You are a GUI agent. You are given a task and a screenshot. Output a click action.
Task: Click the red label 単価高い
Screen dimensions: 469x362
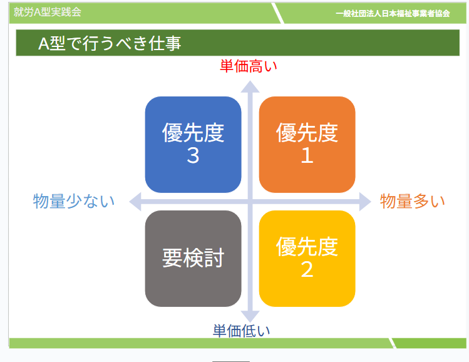[x=248, y=66]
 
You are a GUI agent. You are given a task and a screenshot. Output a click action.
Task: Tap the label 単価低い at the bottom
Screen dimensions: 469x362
[x=241, y=331]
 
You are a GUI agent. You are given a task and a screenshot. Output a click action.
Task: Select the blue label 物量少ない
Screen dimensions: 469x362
[x=74, y=201]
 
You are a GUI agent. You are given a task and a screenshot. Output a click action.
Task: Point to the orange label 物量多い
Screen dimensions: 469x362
[x=413, y=201]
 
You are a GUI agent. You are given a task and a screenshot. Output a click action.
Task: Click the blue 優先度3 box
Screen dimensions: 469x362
[x=193, y=145]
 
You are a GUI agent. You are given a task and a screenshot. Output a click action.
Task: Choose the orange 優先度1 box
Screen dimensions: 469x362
[x=307, y=145]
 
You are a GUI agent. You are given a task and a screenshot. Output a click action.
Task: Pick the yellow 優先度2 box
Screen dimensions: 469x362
[x=307, y=259]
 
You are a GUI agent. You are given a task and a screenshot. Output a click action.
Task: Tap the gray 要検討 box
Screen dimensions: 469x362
[x=193, y=259]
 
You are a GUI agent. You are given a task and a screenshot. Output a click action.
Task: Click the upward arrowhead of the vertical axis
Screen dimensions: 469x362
[x=250, y=86]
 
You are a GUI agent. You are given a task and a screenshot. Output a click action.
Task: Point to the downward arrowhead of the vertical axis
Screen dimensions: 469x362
[x=250, y=316]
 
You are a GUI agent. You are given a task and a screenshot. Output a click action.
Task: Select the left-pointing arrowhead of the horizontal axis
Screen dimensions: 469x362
[x=135, y=202]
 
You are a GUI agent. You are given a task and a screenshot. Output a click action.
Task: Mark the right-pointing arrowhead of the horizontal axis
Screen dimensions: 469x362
[x=365, y=202]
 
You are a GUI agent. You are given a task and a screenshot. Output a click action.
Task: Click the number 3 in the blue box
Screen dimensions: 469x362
[x=193, y=155]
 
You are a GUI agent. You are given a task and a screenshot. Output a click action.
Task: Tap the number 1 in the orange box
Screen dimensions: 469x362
[x=307, y=155]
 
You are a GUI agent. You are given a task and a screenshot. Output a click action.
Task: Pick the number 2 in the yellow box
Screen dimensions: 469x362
[x=307, y=269]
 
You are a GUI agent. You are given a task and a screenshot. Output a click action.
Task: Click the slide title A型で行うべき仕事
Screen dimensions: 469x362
[x=110, y=43]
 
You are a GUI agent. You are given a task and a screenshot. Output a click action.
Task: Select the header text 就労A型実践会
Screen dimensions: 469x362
[x=48, y=12]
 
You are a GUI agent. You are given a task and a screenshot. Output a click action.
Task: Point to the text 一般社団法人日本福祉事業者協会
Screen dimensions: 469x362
[x=393, y=13]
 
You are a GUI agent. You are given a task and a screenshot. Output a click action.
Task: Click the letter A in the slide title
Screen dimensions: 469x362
[x=44, y=44]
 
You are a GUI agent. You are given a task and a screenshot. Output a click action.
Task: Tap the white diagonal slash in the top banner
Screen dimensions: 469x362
[x=277, y=13]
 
